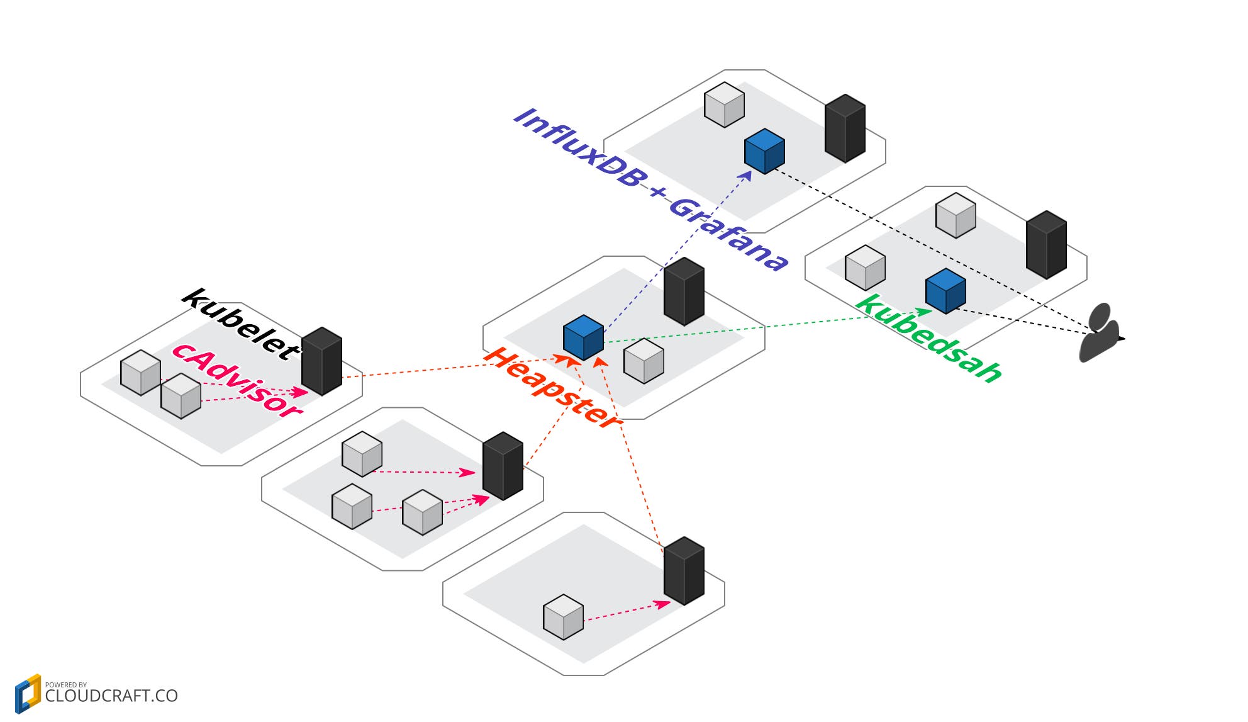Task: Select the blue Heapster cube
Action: (583, 338)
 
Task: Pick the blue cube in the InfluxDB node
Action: (764, 152)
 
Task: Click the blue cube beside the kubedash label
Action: (945, 291)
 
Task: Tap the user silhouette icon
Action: (1100, 334)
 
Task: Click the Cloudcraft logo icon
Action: (28, 694)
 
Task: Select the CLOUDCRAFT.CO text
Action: (111, 696)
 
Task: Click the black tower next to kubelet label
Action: (321, 361)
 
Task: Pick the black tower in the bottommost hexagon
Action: (684, 571)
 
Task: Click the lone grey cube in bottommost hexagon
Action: (563, 618)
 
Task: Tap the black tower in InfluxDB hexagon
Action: (845, 128)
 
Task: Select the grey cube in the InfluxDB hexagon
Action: (724, 105)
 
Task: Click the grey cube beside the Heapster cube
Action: (643, 361)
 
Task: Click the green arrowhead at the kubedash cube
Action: (925, 310)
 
